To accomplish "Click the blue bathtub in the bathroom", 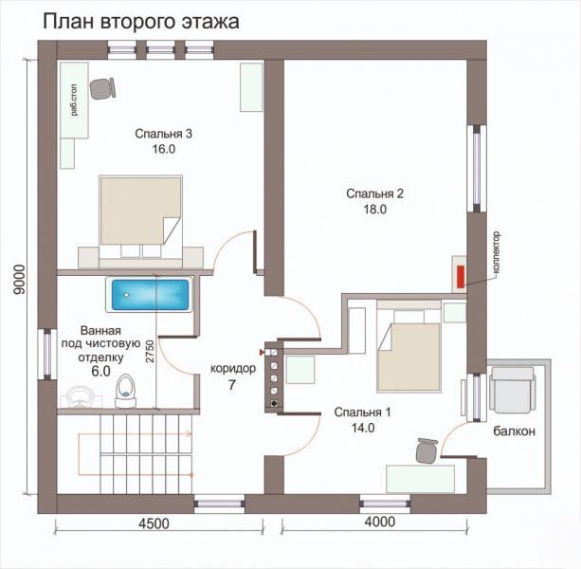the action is (150, 295).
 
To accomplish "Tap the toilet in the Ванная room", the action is (125, 391).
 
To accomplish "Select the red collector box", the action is (461, 277).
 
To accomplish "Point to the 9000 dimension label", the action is (19, 280).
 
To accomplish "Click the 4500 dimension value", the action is (154, 523).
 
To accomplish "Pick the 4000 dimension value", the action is (380, 522).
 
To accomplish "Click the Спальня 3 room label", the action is (163, 134).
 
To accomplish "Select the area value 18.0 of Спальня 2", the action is (375, 210).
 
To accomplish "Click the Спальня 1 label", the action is (362, 413).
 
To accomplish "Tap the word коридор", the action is (233, 369).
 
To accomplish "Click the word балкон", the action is (515, 431).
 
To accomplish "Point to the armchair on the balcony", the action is (512, 390).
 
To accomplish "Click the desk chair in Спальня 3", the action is (102, 88).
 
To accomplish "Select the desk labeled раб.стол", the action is (75, 101).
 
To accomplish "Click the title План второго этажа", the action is (141, 22).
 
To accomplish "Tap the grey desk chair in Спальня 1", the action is (427, 450).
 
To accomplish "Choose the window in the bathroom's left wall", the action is (47, 355).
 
